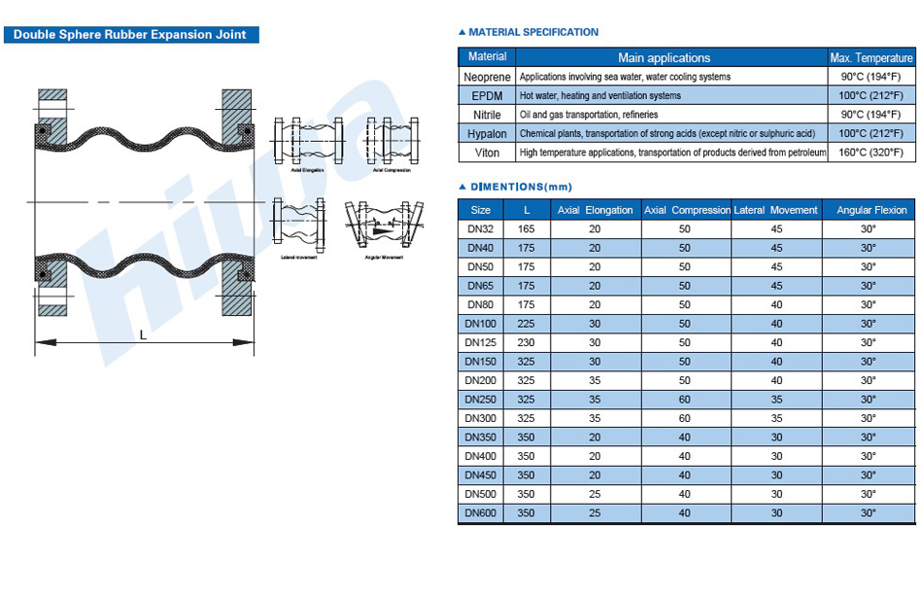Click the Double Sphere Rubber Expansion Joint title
(129, 35)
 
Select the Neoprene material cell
(487, 77)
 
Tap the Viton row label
(487, 153)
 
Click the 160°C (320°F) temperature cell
(872, 153)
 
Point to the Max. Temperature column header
(872, 57)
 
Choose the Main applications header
(664, 57)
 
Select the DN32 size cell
(480, 229)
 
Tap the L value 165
(526, 229)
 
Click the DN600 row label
(480, 513)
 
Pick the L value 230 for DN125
(526, 342)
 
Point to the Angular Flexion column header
(872, 210)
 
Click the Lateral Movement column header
(775, 210)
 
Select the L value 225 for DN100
(526, 324)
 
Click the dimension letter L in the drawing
(143, 334)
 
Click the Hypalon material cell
(487, 134)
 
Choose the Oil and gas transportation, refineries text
(589, 115)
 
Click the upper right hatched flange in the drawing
(237, 118)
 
